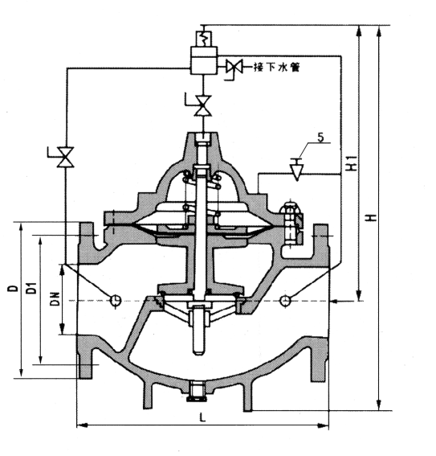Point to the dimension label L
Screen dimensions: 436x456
tap(202, 418)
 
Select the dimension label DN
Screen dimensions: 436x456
tap(55, 298)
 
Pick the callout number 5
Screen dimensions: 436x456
tap(320, 138)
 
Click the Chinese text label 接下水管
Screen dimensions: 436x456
tap(276, 67)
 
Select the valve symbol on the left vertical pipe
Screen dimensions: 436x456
tap(64, 157)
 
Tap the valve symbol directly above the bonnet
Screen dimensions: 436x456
tap(202, 105)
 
